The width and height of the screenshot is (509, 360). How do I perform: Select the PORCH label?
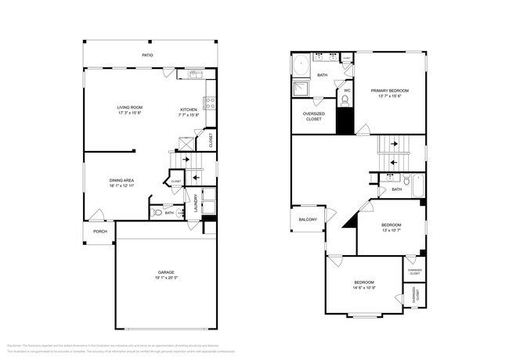pos(100,232)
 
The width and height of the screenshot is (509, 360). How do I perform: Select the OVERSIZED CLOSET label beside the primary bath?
pos(314,117)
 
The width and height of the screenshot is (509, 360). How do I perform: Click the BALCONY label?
pos(307,220)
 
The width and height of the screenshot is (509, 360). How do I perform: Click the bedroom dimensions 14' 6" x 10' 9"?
pos(363,287)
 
